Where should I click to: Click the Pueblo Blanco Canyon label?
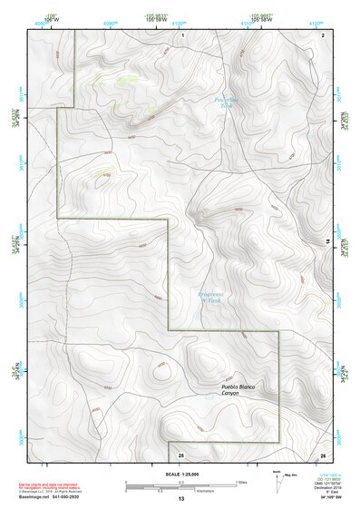tap(238, 391)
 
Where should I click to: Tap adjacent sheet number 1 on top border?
tap(182, 34)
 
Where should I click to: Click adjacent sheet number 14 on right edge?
tap(327, 240)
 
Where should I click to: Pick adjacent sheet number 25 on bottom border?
tap(180, 454)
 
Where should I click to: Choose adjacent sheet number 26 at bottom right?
tap(323, 454)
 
